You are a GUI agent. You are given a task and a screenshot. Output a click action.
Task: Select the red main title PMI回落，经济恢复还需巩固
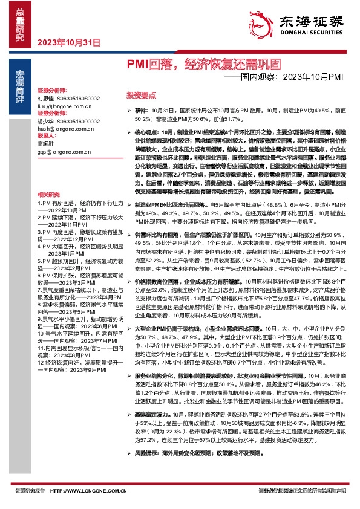click(x=203, y=64)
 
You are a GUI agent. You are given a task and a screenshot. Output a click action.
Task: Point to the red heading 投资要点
click(x=141, y=95)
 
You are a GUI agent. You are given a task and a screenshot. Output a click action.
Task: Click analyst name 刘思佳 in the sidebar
click(x=46, y=98)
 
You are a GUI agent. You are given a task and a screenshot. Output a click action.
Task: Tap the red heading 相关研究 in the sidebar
click(x=48, y=195)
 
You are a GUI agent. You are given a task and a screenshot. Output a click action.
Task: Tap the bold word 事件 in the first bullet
click(x=140, y=111)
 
